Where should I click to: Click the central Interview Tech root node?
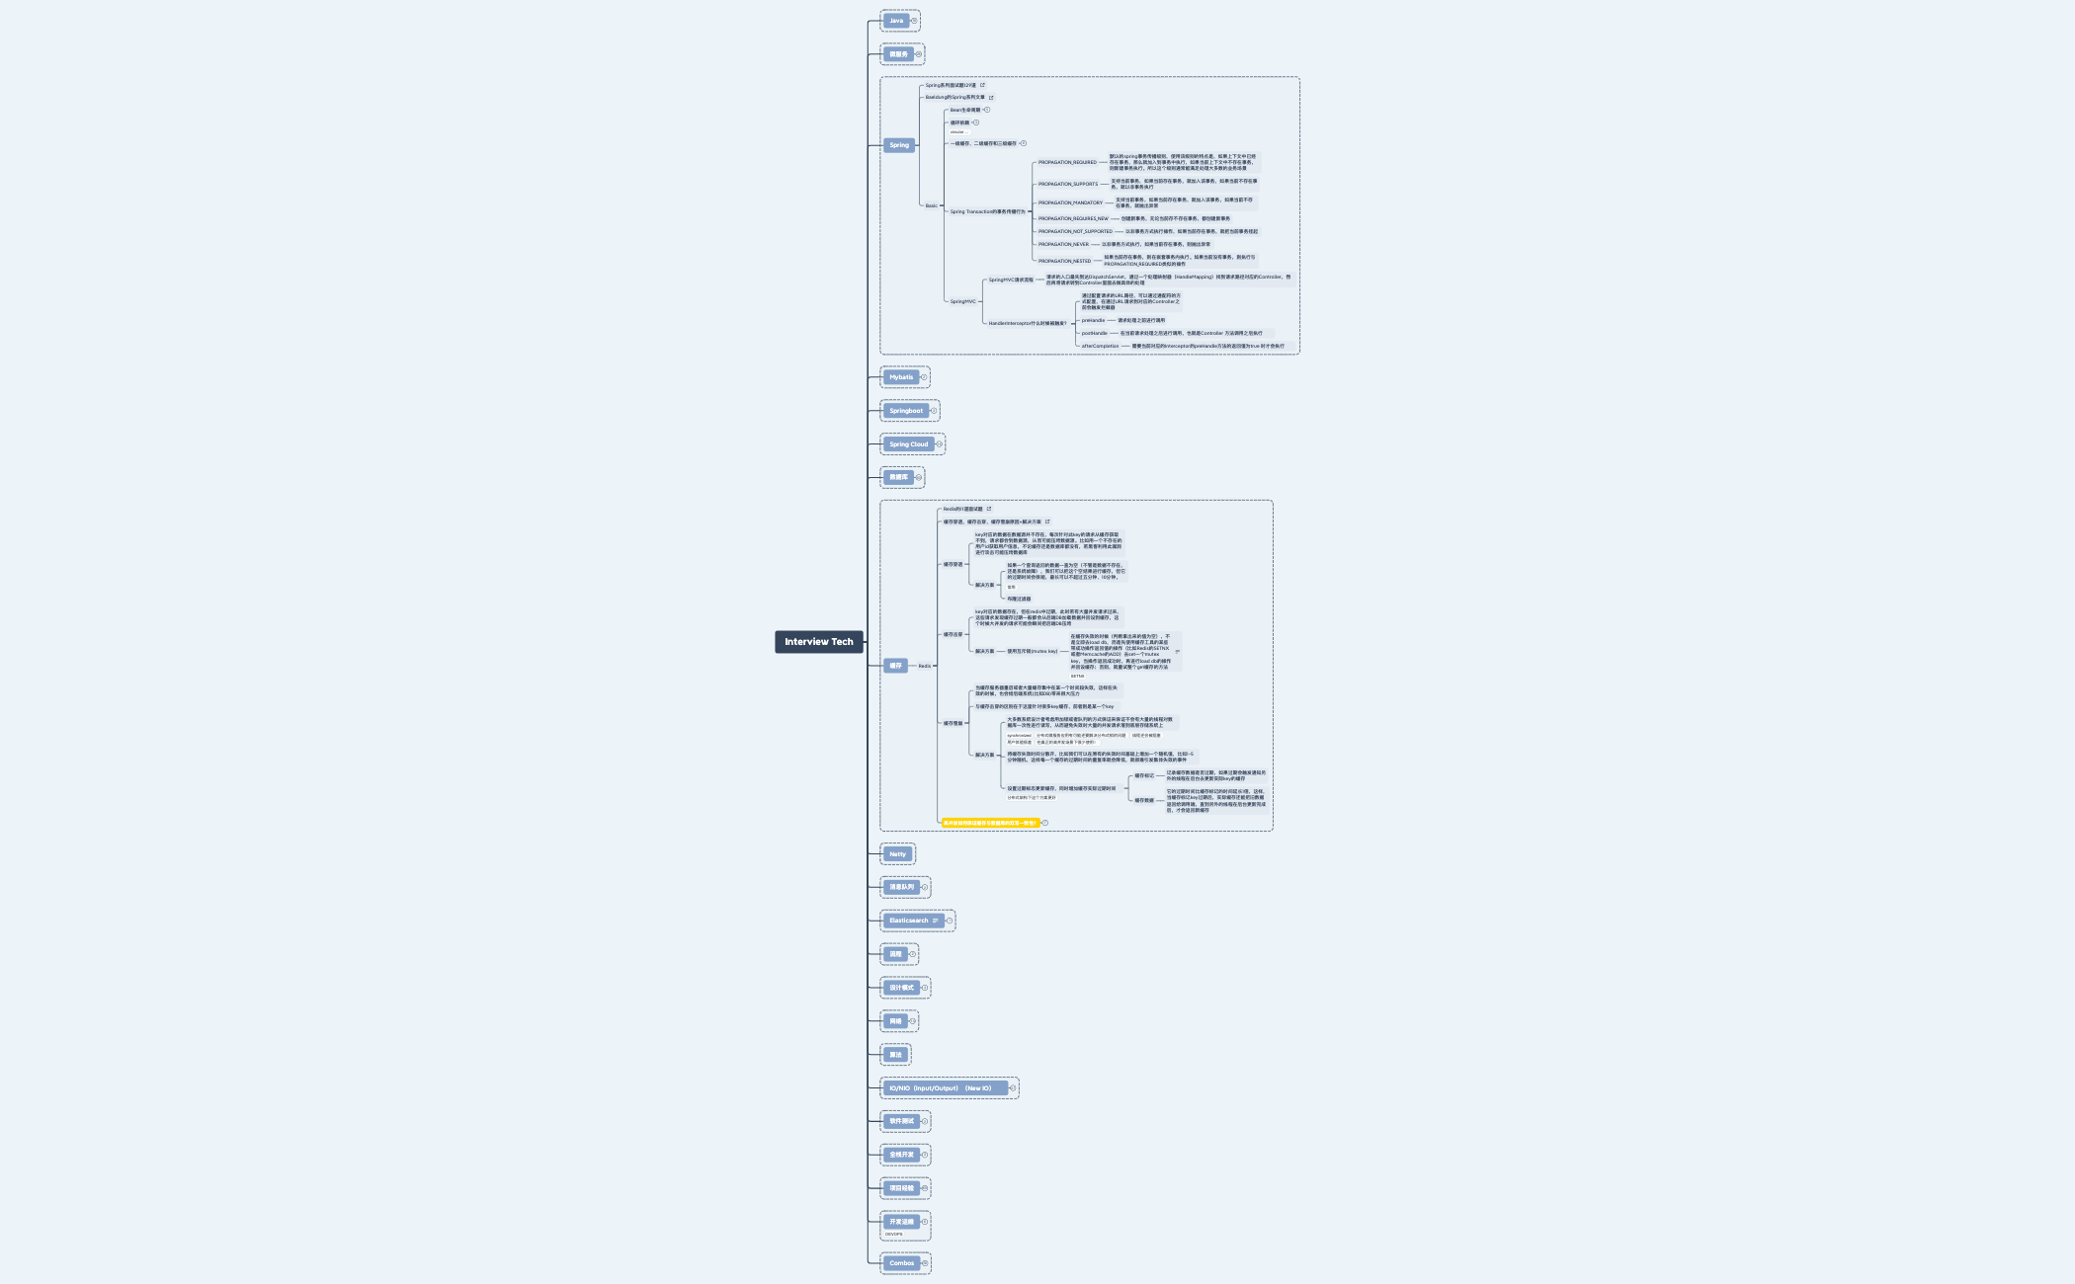(818, 642)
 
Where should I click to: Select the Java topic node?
(895, 21)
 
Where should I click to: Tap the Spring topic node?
(898, 145)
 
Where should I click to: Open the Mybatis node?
(900, 377)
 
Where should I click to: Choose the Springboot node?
(905, 411)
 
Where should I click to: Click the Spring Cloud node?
(908, 444)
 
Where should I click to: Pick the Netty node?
(897, 854)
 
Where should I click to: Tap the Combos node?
(901, 1263)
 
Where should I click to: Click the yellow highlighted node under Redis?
(989, 823)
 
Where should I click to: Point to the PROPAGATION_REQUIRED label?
(1067, 162)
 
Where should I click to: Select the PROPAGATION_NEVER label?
(1063, 244)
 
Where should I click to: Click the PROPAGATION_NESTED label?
(1064, 261)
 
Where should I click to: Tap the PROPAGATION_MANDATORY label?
(1070, 202)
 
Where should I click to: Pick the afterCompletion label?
(1100, 346)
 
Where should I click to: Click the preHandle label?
(1093, 320)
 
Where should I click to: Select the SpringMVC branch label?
(962, 301)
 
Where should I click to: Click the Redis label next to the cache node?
(925, 666)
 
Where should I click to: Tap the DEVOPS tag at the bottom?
(893, 1235)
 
